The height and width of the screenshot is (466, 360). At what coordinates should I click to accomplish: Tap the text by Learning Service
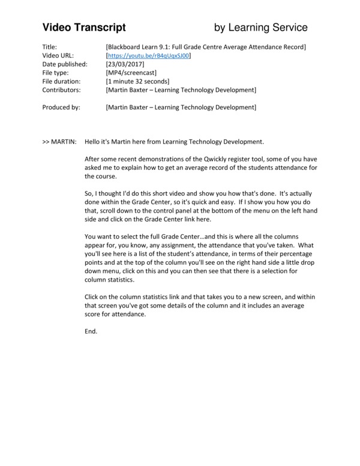pos(261,27)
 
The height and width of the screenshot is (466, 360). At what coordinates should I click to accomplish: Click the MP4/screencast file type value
pos(131,73)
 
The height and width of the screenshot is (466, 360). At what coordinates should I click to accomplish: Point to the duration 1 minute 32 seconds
pos(137,81)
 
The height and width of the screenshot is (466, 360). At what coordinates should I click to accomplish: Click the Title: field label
pos(50,47)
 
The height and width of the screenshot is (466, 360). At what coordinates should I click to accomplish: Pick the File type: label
pos(57,73)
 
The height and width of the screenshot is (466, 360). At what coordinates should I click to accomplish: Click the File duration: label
pos(63,81)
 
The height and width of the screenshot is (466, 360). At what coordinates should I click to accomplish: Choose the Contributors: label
pos(62,90)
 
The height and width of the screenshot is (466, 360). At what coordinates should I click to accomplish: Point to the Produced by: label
pos(62,107)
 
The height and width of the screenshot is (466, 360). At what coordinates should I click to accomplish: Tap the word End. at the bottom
pos(91,331)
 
